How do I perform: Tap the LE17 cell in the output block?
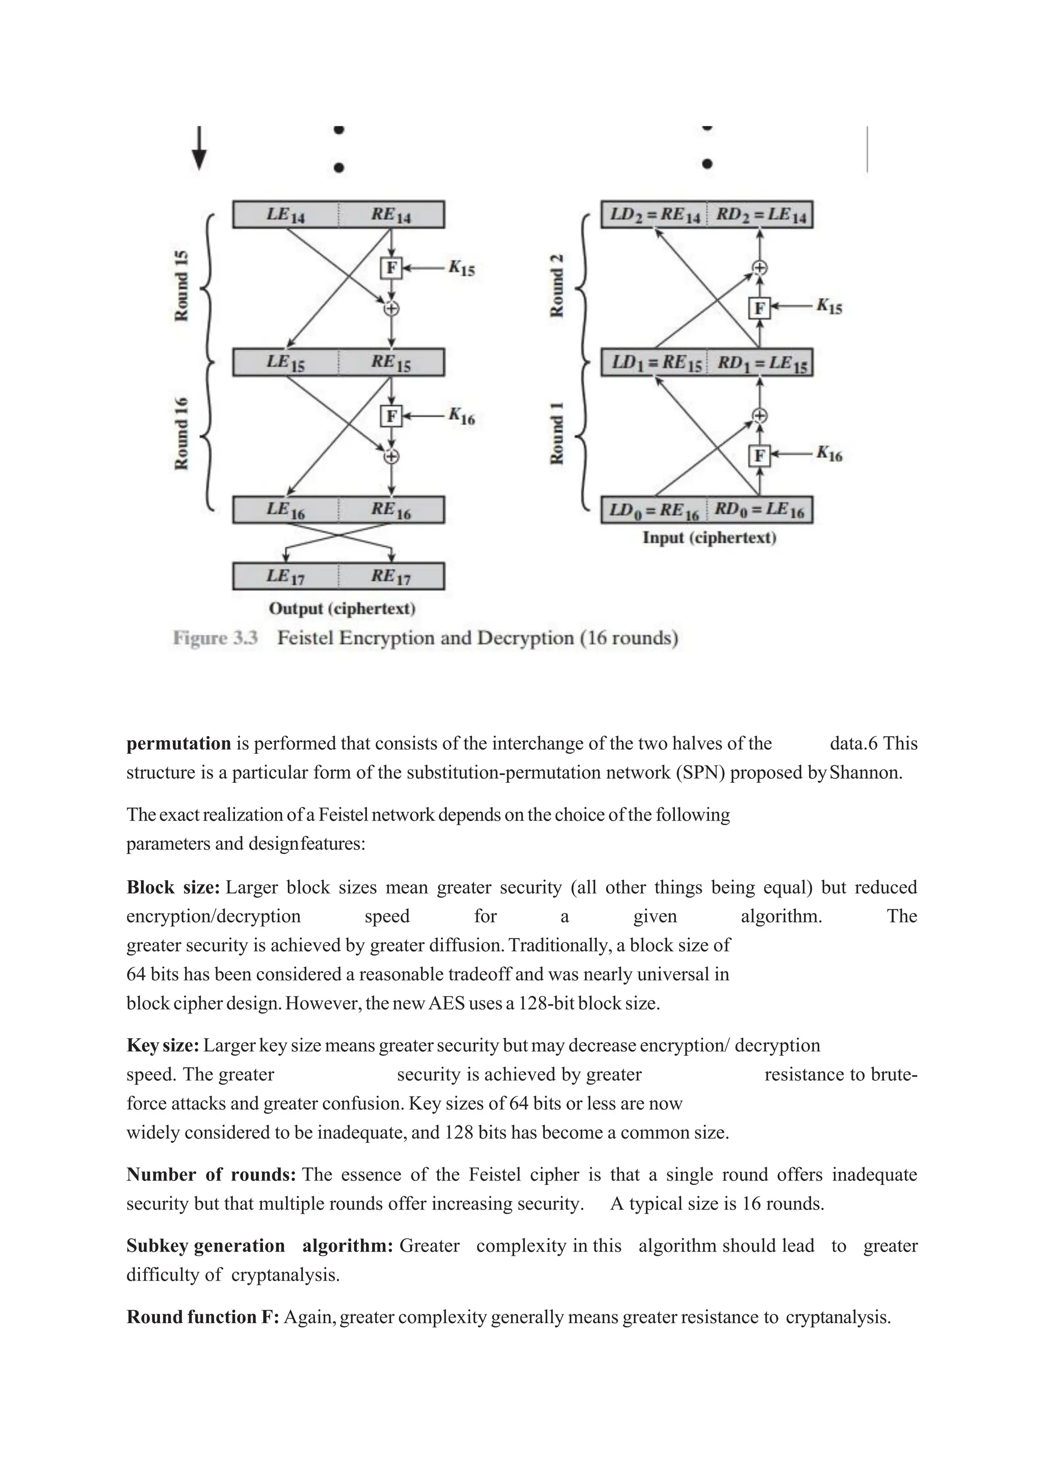click(x=285, y=576)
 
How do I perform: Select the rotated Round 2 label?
click(x=557, y=285)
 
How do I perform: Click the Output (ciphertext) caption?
click(x=342, y=608)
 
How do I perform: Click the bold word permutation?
click(x=178, y=744)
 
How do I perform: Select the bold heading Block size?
click(x=173, y=888)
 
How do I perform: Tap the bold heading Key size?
click(x=163, y=1045)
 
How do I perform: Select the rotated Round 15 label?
click(x=182, y=285)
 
